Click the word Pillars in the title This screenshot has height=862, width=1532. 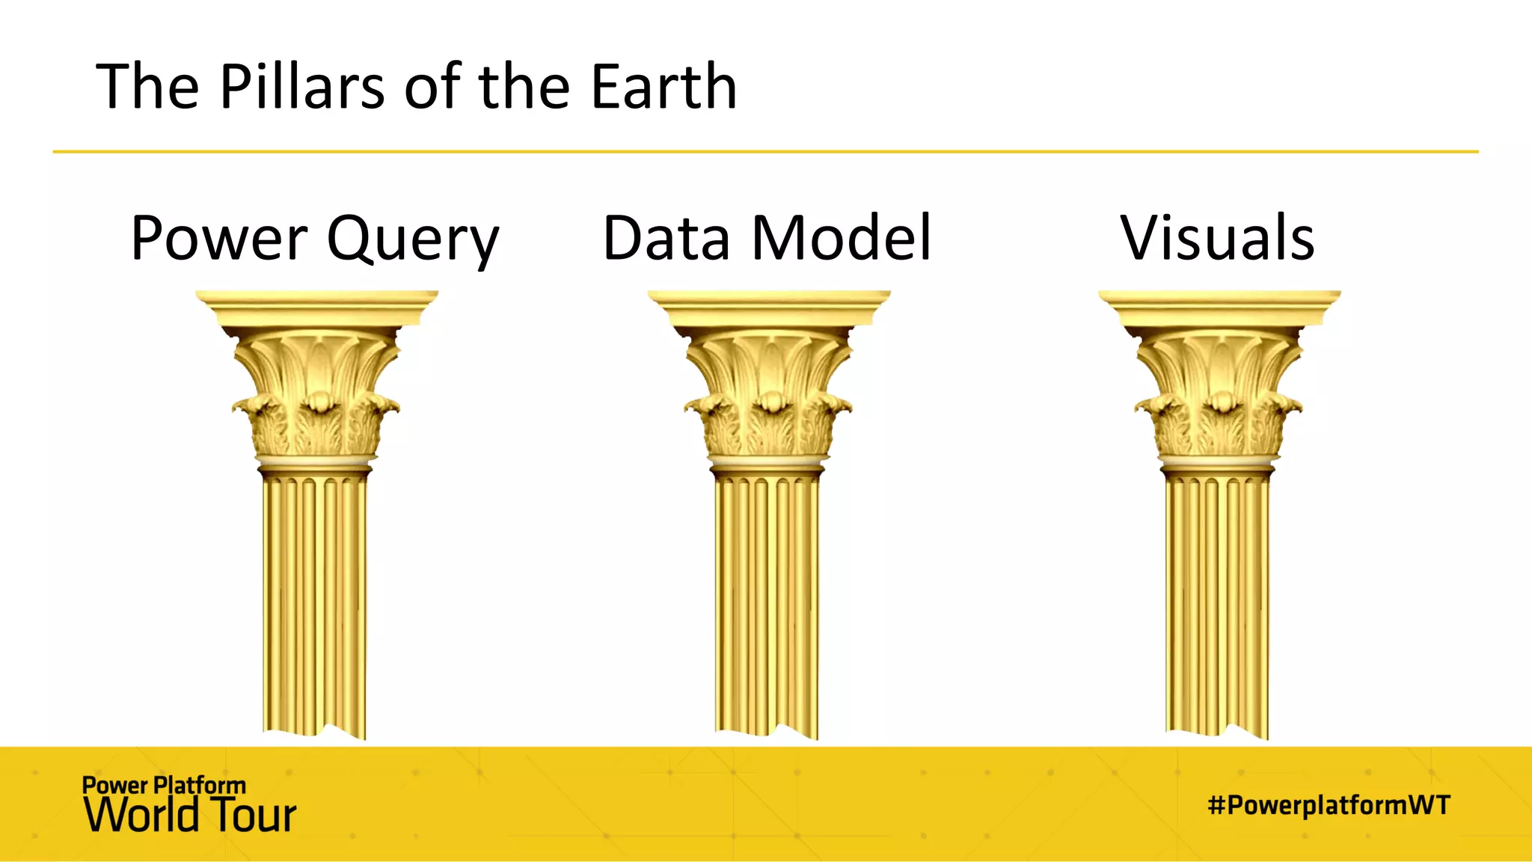coord(301,87)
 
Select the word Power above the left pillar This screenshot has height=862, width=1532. coord(218,239)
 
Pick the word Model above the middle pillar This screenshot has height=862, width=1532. coord(842,239)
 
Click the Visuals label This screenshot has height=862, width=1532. coord(1217,239)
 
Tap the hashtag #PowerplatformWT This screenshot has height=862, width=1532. coord(1329,805)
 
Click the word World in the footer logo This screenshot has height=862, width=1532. coord(141,815)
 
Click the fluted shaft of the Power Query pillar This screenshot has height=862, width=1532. coord(315,599)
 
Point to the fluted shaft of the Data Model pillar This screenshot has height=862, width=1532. coord(767,599)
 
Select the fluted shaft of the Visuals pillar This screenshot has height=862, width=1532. coord(1218,599)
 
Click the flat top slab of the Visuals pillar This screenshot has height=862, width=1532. coord(1219,303)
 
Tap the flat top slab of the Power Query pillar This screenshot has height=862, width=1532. coord(317,303)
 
